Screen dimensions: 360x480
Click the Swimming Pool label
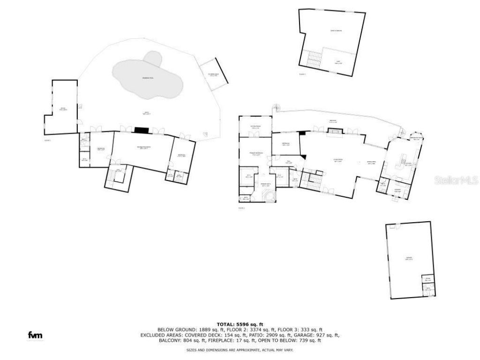click(149, 77)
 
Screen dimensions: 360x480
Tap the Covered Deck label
click(213, 75)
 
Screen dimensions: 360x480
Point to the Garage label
click(409, 258)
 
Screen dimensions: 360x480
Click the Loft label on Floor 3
click(338, 62)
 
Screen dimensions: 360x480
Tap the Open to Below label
click(336, 31)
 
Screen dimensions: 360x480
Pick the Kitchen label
click(408, 164)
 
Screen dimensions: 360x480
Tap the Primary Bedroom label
click(255, 154)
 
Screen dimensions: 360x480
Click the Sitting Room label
click(255, 127)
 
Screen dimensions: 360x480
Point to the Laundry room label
click(397, 190)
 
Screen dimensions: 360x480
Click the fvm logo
click(34, 335)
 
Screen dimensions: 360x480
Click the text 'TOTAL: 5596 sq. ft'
click(240, 324)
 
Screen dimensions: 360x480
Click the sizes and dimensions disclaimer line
click(240, 350)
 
